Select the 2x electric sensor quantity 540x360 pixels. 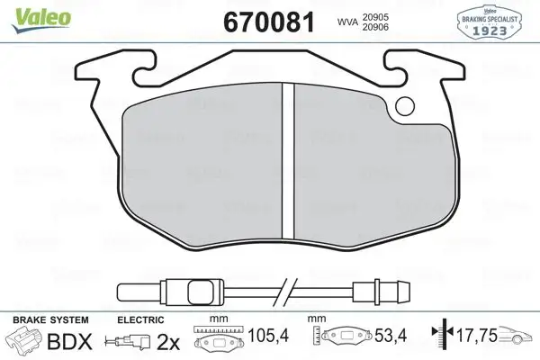coord(168,342)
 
